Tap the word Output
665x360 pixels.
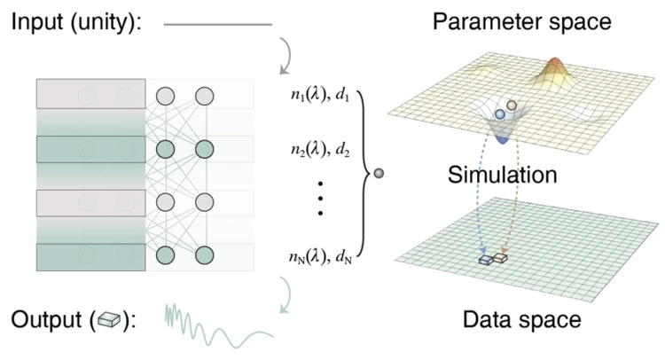click(44, 319)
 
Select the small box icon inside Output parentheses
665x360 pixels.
click(110, 319)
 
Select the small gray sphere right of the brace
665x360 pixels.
click(380, 174)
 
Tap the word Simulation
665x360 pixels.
click(502, 175)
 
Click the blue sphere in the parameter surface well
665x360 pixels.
click(500, 114)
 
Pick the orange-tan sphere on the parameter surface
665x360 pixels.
click(512, 105)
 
